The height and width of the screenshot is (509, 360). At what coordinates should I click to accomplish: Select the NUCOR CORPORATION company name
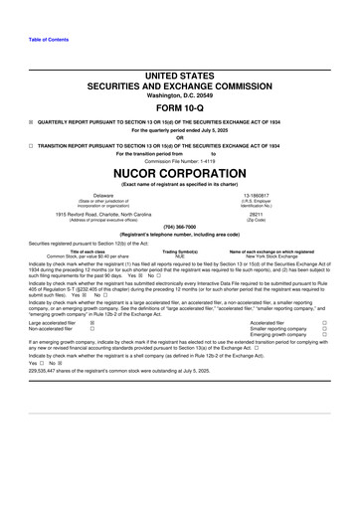(179, 169)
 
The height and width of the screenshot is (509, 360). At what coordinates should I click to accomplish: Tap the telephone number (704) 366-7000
(179, 226)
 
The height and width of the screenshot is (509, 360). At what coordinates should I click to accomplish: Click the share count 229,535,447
(22, 398)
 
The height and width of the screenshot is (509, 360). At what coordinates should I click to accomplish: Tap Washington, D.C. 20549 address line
(179, 94)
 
